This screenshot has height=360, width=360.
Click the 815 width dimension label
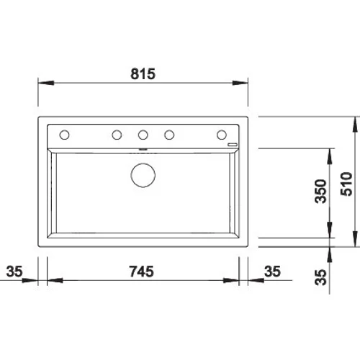coord(143,74)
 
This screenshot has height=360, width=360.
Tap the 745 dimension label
coord(142,271)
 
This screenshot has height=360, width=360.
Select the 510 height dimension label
coord(346,184)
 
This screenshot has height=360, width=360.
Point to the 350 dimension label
coord(321,192)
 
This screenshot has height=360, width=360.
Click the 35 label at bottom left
coord(14,271)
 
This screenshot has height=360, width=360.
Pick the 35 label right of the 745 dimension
coord(272,271)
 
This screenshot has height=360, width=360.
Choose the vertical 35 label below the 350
coord(321,277)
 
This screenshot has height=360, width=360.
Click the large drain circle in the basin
coord(143,175)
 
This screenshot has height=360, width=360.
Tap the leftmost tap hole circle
coord(64,135)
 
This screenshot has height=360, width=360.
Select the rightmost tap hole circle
coord(222,135)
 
